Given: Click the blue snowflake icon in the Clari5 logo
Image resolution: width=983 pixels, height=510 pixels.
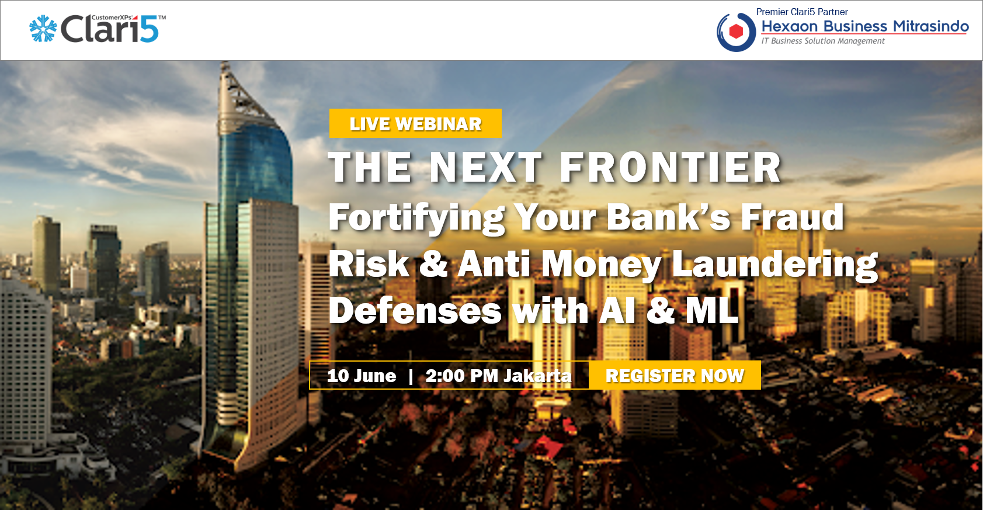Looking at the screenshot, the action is click(43, 29).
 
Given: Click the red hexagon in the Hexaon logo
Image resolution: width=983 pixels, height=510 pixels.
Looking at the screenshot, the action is click(736, 31).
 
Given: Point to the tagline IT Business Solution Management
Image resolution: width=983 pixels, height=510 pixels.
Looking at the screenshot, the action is click(823, 41).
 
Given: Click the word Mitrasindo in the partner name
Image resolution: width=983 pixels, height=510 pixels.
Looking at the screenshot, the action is click(931, 26).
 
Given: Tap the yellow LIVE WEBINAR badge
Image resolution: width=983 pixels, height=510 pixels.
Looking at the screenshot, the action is click(415, 123).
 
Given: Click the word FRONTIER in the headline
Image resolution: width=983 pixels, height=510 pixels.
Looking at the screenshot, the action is click(671, 167).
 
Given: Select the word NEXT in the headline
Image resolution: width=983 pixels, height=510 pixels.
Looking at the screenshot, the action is click(485, 167).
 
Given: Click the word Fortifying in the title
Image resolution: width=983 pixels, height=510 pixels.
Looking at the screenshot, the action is click(416, 218).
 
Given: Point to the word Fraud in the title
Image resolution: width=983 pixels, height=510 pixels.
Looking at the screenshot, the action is click(792, 217).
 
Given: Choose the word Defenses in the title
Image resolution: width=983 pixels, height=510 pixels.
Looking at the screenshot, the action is click(415, 311).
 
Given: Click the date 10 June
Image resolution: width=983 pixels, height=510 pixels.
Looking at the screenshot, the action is click(361, 376).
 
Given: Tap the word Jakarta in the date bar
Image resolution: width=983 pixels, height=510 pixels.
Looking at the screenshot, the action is click(537, 376).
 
